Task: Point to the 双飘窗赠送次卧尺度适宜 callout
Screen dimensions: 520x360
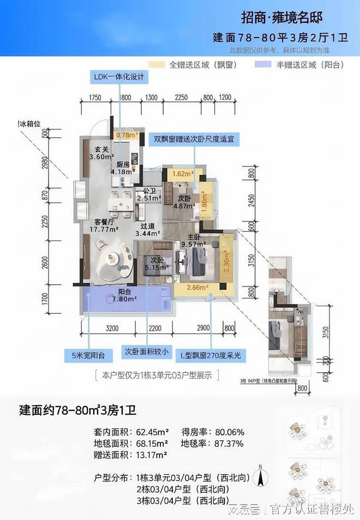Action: point(194,139)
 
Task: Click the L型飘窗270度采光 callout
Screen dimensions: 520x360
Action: point(211,355)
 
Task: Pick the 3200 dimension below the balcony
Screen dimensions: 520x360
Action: point(111,327)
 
